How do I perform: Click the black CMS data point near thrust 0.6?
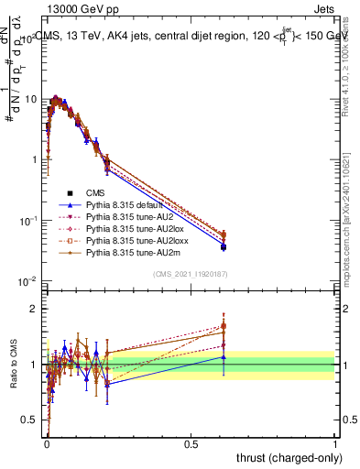pos(224,247)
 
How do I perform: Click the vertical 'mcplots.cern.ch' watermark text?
pos(346,220)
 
